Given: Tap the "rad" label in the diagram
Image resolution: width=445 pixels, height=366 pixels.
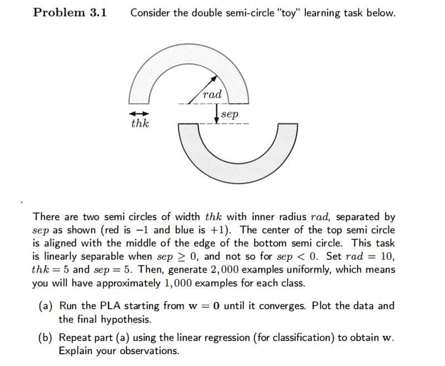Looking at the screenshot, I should (x=212, y=94).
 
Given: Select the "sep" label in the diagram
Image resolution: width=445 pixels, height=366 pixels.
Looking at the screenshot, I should (x=230, y=114).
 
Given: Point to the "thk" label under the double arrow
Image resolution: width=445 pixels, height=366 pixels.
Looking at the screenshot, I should (x=139, y=123).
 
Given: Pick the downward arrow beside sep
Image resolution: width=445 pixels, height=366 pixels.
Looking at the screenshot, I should (x=216, y=114).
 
